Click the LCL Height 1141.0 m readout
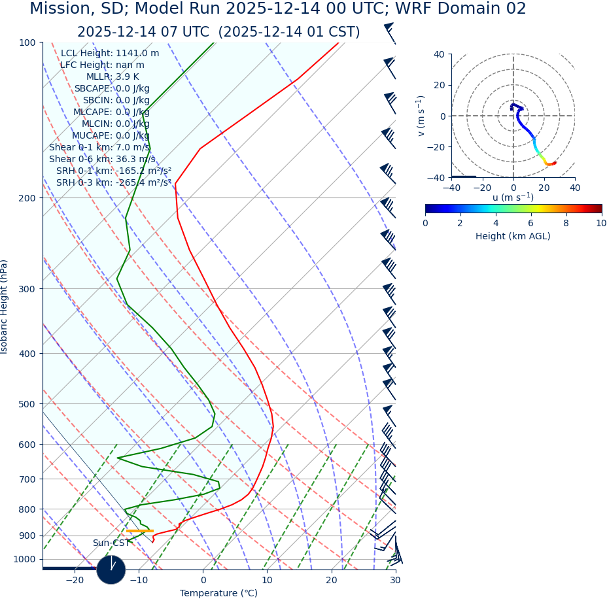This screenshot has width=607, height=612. point(110,54)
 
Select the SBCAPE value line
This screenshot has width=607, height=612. point(112,89)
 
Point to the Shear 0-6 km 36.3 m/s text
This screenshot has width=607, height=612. point(102,160)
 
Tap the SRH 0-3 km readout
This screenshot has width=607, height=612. point(114,183)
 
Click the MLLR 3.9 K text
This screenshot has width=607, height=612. point(113,77)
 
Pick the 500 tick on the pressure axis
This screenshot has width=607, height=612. point(27,405)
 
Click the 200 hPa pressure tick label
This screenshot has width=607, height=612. point(27,198)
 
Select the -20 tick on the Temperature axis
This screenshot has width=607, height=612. point(75,581)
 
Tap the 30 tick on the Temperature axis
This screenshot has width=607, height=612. point(395,581)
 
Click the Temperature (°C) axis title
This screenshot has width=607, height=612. point(218,594)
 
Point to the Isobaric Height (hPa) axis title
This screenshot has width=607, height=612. point(5,307)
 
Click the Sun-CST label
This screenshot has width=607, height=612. point(111,543)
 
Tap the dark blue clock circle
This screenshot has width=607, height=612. point(111,569)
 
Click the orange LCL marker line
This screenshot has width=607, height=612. point(140,531)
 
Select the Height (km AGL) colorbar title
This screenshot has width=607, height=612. point(513,237)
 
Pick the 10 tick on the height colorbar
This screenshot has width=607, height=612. point(601,224)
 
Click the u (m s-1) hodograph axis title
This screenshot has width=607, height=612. point(513,197)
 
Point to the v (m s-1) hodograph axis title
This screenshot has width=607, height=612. point(421,116)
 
